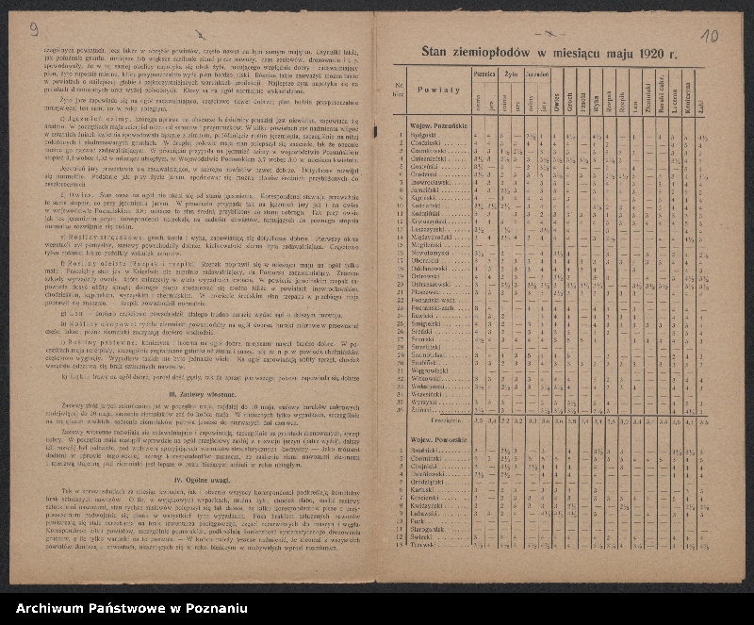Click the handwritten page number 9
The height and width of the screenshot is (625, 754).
[34, 29]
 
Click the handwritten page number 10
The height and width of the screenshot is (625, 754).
[710, 36]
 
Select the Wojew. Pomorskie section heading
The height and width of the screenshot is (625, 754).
[439, 440]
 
